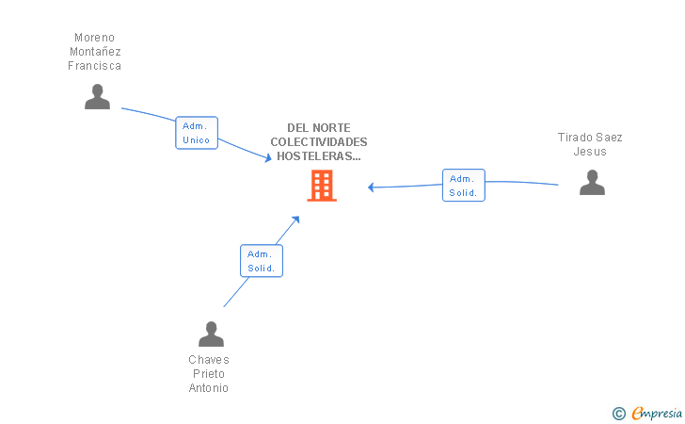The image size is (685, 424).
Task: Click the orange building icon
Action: pyautogui.click(x=322, y=186)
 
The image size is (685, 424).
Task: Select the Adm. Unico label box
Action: pyautogui.click(x=197, y=133)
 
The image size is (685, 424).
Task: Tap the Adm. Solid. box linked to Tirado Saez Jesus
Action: pyautogui.click(x=464, y=185)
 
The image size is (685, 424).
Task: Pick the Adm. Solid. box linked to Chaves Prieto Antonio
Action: pyautogui.click(x=262, y=261)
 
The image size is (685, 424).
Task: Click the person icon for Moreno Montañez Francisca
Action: pyautogui.click(x=98, y=97)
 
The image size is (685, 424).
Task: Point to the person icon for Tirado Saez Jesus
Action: pyautogui.click(x=593, y=183)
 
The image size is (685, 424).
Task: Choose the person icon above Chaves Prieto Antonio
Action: pyautogui.click(x=211, y=334)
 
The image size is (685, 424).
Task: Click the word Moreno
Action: pyautogui.click(x=94, y=38)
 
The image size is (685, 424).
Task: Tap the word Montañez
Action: pyautogui.click(x=95, y=52)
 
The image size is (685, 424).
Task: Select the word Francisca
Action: pyautogui.click(x=94, y=66)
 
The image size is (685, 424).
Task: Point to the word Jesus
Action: pyautogui.click(x=590, y=152)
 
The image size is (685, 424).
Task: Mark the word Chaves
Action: pyautogui.click(x=209, y=360)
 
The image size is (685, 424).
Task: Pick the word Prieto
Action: pyautogui.click(x=209, y=374)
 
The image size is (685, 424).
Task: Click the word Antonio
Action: pyautogui.click(x=208, y=387)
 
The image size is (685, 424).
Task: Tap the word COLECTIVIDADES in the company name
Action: pyautogui.click(x=319, y=142)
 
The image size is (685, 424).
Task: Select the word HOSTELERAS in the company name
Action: pyautogui.click(x=315, y=156)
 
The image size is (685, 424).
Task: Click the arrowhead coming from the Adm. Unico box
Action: pyautogui.click(x=268, y=157)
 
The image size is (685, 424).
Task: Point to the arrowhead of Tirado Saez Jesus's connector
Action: pyautogui.click(x=372, y=188)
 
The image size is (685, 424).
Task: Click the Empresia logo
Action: pyautogui.click(x=647, y=413)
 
